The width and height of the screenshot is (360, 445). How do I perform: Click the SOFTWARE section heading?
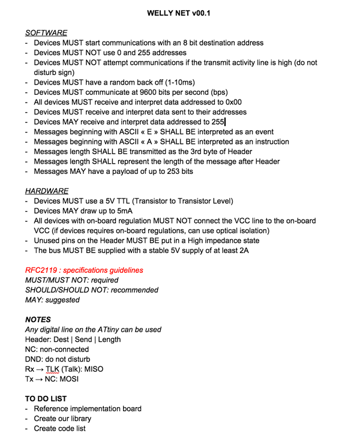[46, 32]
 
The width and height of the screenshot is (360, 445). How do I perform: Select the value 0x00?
[232, 102]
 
